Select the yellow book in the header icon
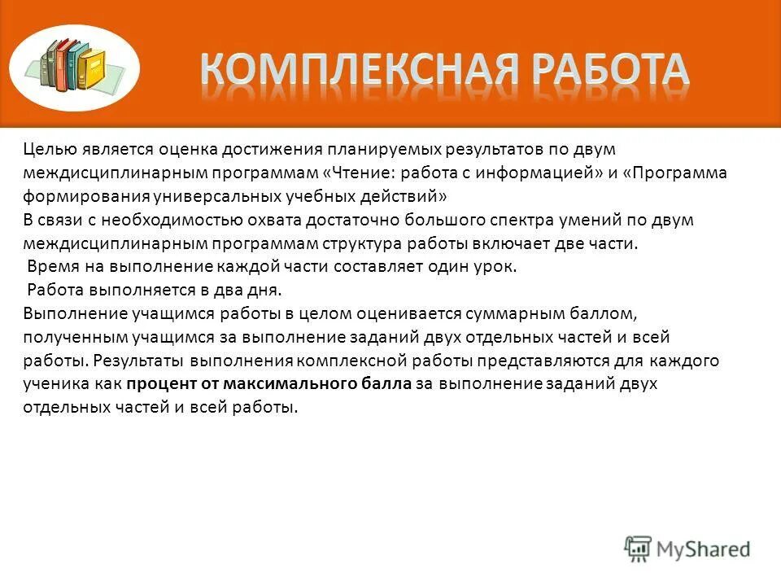[x=94, y=70]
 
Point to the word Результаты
[x=137, y=360]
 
